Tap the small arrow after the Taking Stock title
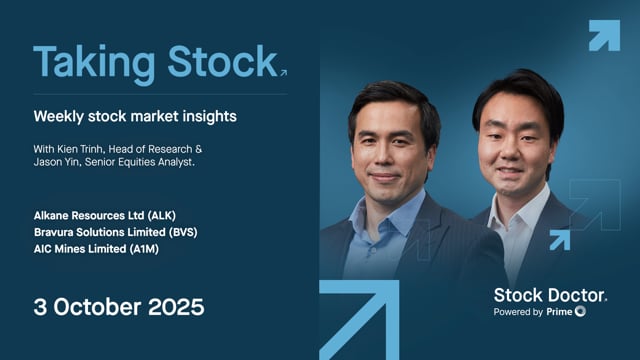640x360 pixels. point(283,72)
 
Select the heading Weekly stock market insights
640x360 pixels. point(134,116)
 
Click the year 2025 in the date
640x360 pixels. point(173,305)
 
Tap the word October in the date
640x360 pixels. point(93,305)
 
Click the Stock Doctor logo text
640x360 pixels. point(549,295)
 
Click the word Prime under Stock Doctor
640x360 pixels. point(558,312)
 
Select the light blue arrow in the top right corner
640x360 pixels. point(604,35)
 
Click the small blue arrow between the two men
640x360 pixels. point(558,239)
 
